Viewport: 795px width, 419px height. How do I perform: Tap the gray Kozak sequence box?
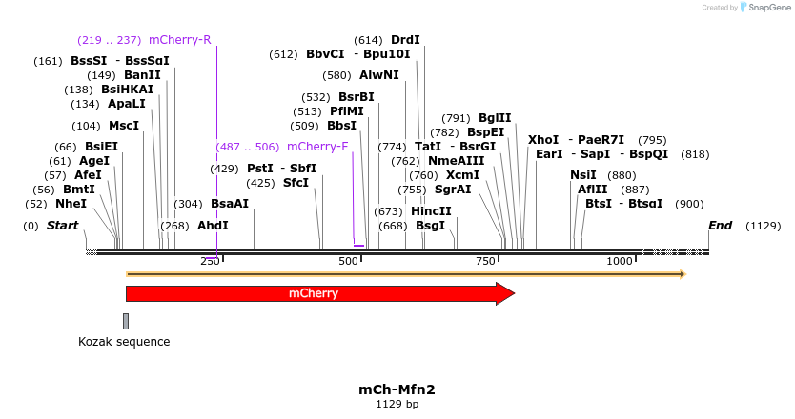pyautogui.click(x=125, y=321)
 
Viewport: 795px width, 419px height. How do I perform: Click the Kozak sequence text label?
pyautogui.click(x=124, y=341)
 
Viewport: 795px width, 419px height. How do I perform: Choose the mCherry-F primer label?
pyautogui.click(x=317, y=147)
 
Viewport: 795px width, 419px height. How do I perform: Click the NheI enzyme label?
pyautogui.click(x=71, y=204)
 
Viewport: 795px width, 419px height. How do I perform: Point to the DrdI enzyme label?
pyautogui.click(x=405, y=40)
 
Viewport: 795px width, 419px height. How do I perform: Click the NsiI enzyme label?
pyautogui.click(x=582, y=175)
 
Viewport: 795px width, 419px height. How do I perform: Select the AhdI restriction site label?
pyautogui.click(x=213, y=226)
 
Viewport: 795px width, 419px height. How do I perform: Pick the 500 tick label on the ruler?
pyautogui.click(x=349, y=261)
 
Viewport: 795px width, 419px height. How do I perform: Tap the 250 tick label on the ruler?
pyautogui.click(x=211, y=261)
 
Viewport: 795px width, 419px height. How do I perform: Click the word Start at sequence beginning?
pyautogui.click(x=62, y=226)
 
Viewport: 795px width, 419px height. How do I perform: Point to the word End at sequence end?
pyautogui.click(x=720, y=226)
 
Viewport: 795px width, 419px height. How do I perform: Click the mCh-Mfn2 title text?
pyautogui.click(x=397, y=389)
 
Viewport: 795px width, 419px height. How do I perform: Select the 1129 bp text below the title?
pyautogui.click(x=397, y=405)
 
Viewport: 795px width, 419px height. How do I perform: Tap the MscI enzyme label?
pyautogui.click(x=123, y=126)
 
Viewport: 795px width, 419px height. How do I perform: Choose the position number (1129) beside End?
pyautogui.click(x=763, y=226)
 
